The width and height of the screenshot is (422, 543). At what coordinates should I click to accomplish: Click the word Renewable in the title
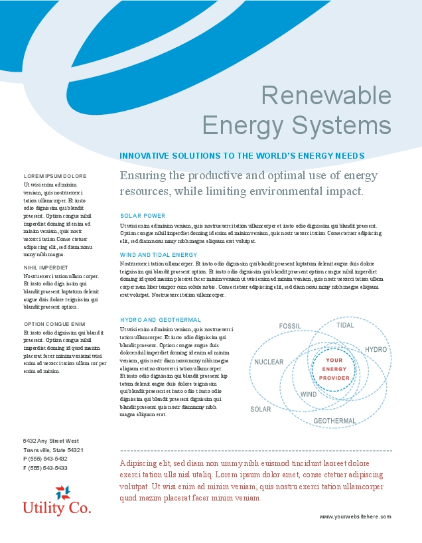(x=325, y=96)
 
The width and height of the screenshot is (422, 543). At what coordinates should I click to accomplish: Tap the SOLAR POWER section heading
(x=143, y=216)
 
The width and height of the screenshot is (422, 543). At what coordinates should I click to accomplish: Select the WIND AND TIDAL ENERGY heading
(x=159, y=254)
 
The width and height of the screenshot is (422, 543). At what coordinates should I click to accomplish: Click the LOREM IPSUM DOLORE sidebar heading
(x=55, y=176)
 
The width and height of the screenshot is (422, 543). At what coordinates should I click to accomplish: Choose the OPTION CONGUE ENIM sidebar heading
(x=54, y=324)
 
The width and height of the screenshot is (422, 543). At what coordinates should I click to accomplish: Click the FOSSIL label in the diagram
(x=290, y=326)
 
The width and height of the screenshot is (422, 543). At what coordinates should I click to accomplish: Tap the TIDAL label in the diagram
(x=345, y=325)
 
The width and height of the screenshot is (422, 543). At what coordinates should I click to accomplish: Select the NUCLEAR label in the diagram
(x=269, y=362)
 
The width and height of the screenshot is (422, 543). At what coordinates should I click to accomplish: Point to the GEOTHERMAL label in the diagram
(x=334, y=421)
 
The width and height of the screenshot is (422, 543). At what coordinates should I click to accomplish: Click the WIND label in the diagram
(x=309, y=394)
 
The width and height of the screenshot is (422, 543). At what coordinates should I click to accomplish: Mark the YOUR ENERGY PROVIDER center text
(x=334, y=369)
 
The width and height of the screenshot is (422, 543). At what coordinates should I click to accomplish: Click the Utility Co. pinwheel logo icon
(x=62, y=493)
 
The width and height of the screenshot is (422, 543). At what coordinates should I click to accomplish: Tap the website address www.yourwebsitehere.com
(x=355, y=516)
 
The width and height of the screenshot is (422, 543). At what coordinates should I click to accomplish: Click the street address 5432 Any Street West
(x=51, y=441)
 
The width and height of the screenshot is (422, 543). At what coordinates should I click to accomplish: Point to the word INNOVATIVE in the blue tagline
(x=144, y=156)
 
